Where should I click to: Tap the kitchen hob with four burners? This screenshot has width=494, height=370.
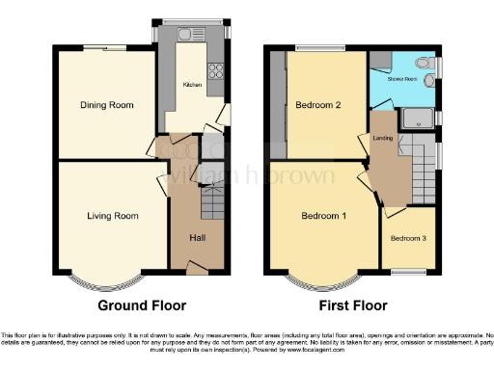click(217, 69)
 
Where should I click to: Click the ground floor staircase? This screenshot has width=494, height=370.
click(211, 203)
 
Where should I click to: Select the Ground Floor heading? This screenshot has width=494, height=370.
click(142, 305)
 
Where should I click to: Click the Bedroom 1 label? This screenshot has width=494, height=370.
click(321, 216)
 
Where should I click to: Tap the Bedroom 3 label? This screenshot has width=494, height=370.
click(408, 237)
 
